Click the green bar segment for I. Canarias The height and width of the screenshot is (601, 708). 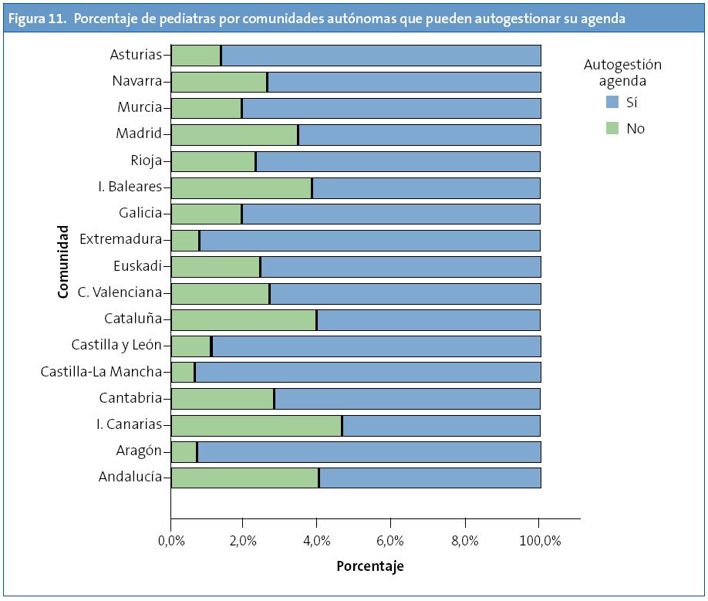coord(256,426)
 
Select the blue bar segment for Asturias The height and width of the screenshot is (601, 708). coord(381,56)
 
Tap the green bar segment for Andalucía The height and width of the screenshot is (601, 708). coord(244,478)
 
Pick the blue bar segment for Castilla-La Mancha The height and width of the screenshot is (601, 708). coord(368,373)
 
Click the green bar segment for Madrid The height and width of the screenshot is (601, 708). coord(234,135)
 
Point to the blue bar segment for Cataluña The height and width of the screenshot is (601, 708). coord(428,319)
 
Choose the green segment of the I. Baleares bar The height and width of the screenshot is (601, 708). coord(241,187)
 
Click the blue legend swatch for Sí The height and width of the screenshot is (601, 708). coord(612,101)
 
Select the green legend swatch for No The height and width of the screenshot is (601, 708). coord(612,128)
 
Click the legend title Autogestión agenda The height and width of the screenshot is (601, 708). coord(622,73)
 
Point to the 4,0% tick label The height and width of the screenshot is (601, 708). coord(316,542)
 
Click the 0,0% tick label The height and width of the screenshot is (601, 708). coord(171,542)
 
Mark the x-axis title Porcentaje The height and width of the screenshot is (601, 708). coord(369,566)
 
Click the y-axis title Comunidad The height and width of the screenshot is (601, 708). coord(62,262)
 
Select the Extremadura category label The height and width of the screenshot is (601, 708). coord(126,240)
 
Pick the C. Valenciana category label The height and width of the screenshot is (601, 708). coord(120,292)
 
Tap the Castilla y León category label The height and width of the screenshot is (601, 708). coord(116,346)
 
